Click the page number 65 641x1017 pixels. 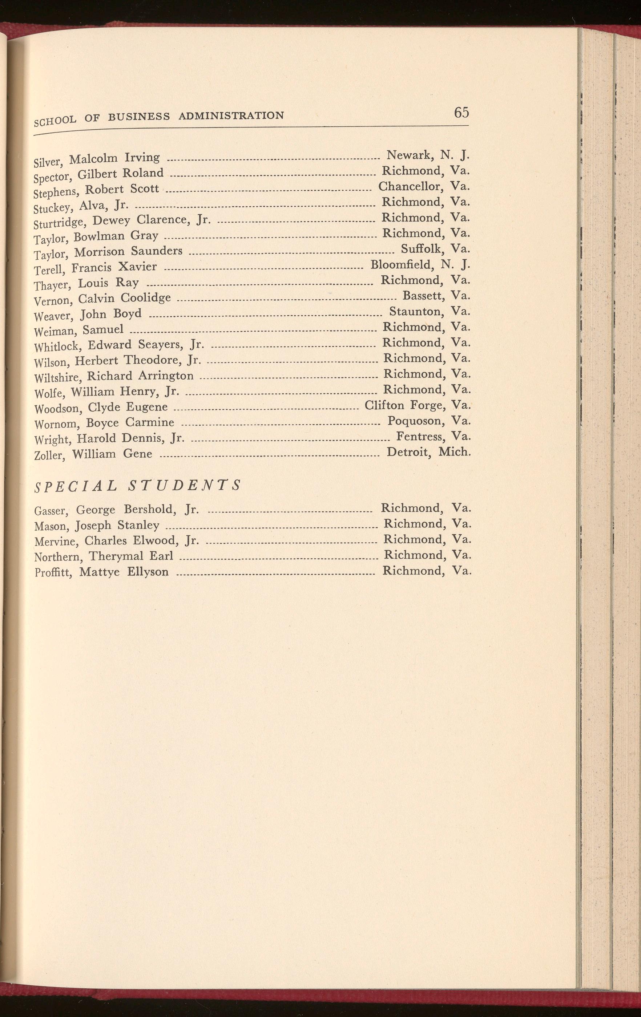click(461, 112)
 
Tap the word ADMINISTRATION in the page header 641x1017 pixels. click(231, 115)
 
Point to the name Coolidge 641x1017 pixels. click(146, 298)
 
